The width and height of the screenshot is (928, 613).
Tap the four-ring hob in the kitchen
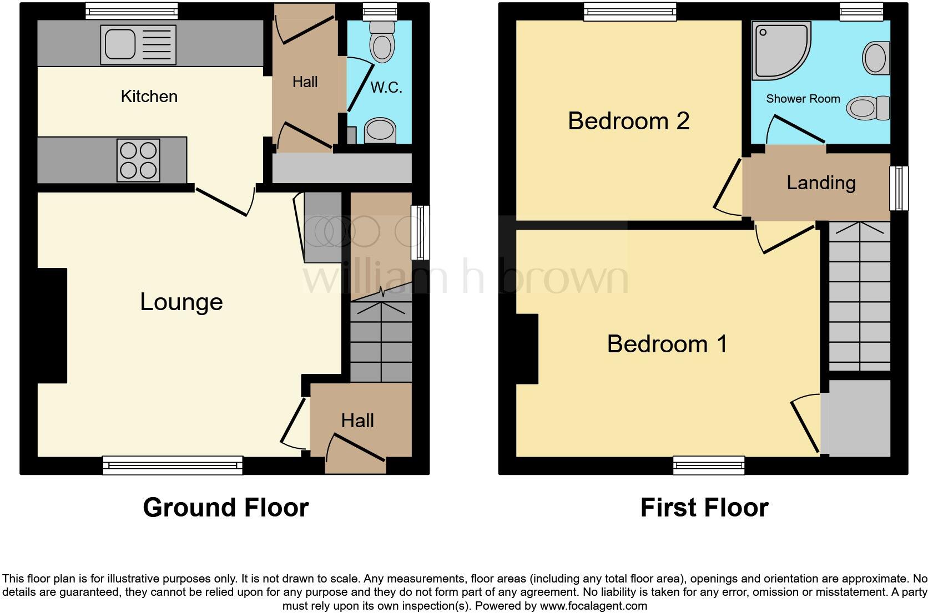(138, 160)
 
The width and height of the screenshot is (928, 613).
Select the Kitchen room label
(149, 97)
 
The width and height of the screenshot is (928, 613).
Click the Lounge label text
(181, 302)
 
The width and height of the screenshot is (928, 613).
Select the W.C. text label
(386, 88)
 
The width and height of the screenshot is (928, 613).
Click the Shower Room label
(803, 99)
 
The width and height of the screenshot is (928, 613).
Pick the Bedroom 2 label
(628, 121)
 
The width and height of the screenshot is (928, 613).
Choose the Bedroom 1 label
(667, 344)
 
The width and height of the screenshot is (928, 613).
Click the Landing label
(820, 183)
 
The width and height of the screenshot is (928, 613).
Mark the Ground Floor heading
(225, 507)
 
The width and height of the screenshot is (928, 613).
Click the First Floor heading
(704, 507)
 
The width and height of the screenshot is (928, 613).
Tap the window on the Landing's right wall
(899, 188)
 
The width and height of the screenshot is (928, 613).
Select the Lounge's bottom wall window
(173, 465)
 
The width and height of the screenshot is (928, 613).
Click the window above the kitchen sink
(132, 11)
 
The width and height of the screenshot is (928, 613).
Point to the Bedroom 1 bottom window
(708, 465)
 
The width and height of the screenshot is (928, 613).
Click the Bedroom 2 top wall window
(629, 11)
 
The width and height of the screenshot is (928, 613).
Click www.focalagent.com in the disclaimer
(593, 606)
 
